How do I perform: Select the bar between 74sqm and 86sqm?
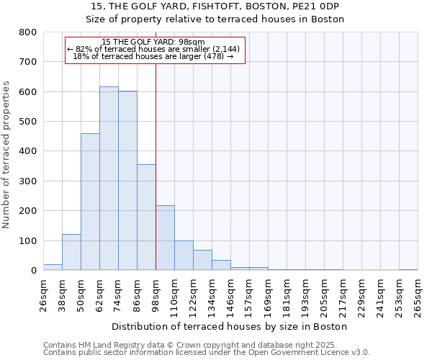127,181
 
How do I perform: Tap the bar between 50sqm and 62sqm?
90,202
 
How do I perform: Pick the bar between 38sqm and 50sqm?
71,252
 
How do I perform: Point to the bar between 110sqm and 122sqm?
184,256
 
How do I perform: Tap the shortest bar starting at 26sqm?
53,267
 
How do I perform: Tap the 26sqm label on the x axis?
44,294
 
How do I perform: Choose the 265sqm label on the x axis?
418,297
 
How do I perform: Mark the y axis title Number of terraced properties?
7,155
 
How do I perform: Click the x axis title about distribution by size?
230,326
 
